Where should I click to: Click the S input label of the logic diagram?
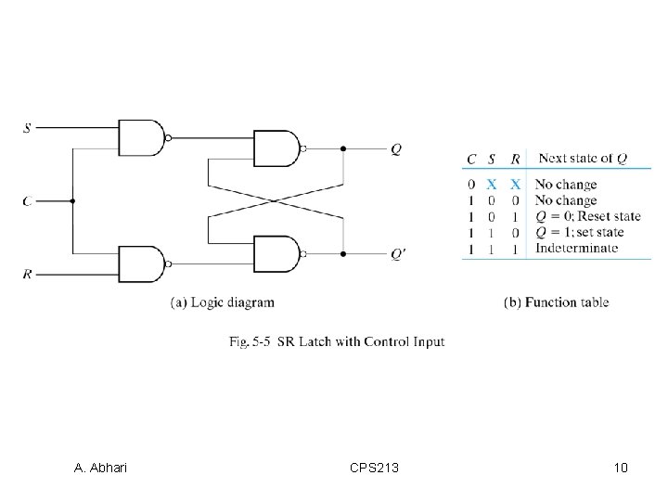[27, 127]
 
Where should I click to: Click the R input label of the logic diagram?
[27, 274]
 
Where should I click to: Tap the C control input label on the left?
[27, 200]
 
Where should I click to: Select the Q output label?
[396, 148]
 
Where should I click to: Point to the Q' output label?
[398, 252]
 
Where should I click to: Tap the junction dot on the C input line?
[72, 200]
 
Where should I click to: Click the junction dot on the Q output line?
[343, 148]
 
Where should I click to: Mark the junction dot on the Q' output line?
[343, 252]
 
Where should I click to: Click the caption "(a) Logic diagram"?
[223, 302]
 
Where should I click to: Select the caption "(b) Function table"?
[556, 302]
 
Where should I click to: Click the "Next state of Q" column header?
[582, 159]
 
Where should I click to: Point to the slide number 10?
[621, 468]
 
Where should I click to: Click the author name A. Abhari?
[100, 468]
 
